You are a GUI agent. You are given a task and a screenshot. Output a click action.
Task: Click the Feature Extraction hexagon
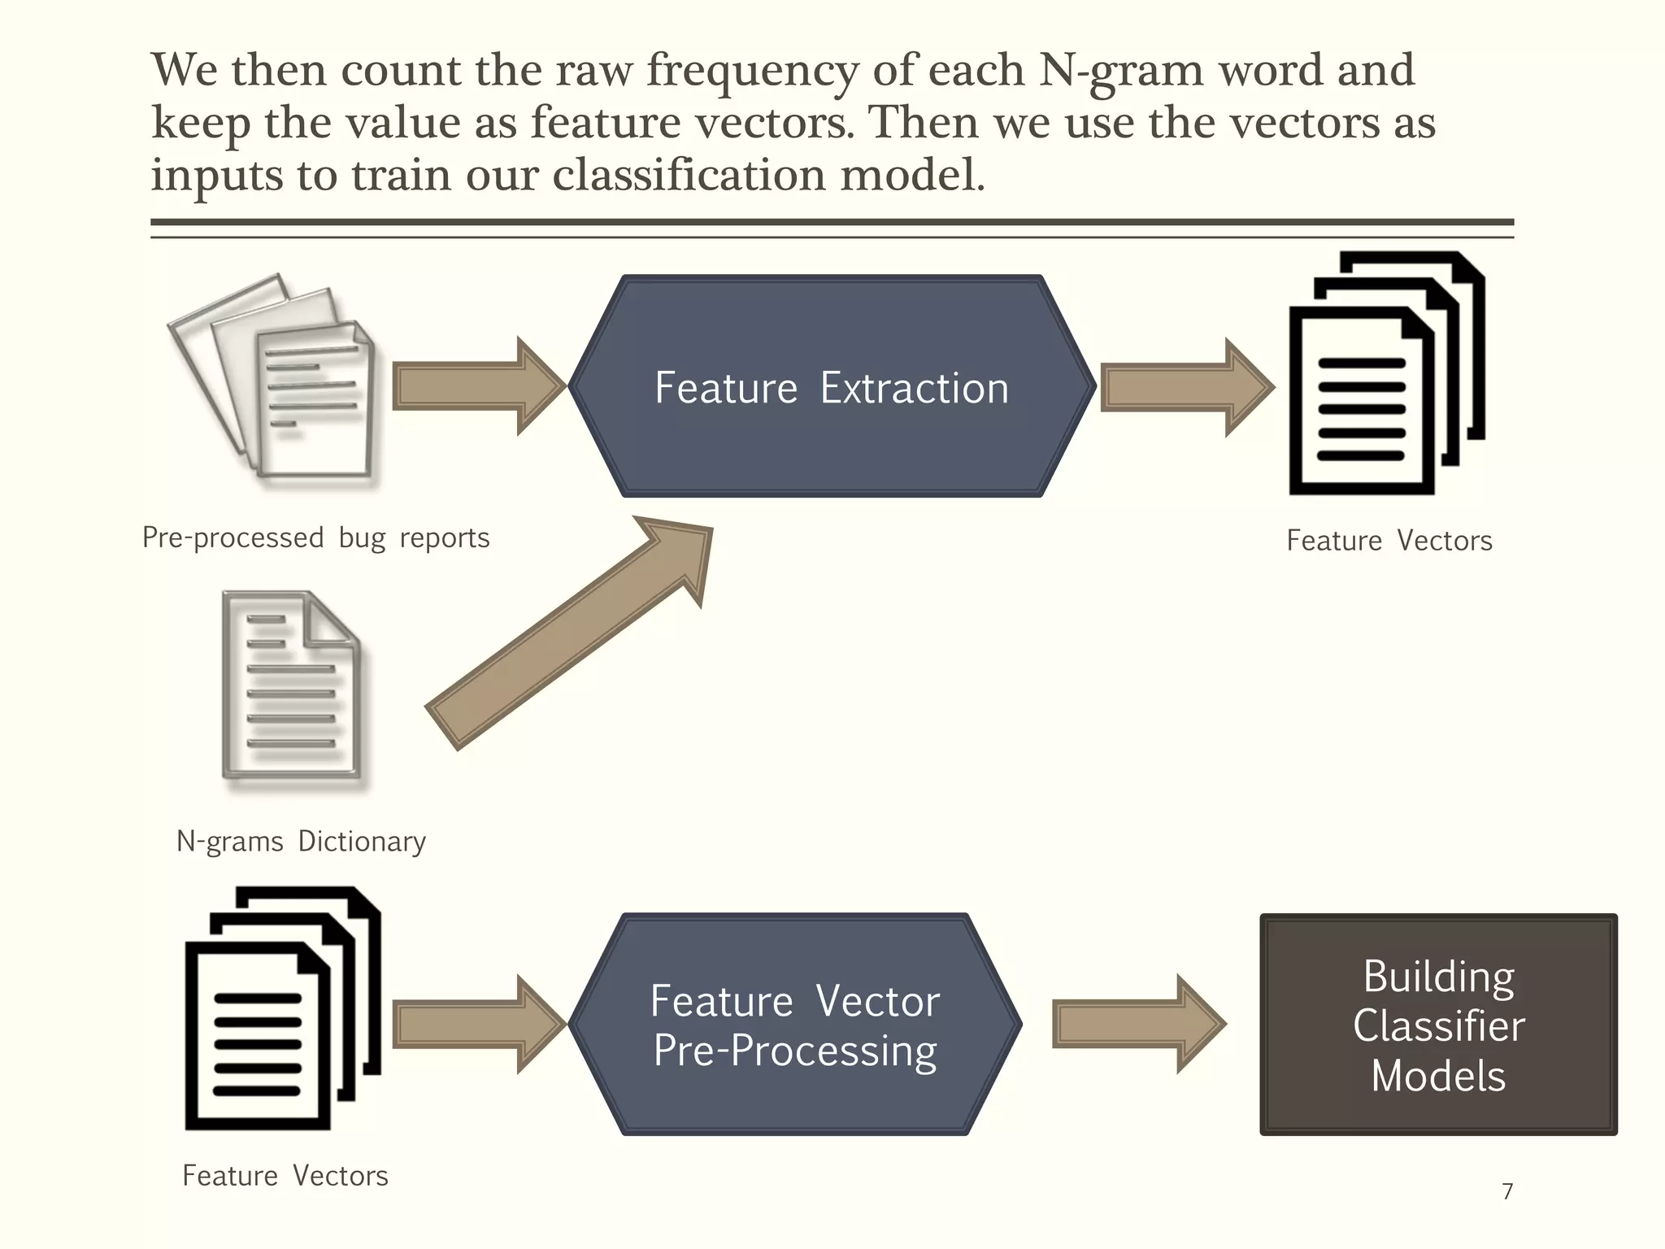pos(832,386)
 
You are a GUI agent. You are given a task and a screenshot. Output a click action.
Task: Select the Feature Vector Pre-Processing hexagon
pos(794,1024)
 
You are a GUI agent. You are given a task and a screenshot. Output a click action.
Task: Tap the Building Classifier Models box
pos(1438,1025)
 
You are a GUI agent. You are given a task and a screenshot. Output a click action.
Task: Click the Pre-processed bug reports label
pos(315,538)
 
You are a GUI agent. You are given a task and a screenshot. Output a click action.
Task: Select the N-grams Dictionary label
pos(301,842)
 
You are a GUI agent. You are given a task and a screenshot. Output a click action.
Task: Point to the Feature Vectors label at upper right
pos(1389,541)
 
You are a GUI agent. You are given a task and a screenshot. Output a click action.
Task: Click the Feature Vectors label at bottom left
pos(285,1176)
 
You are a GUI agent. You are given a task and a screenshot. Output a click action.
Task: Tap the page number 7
pos(1507,1191)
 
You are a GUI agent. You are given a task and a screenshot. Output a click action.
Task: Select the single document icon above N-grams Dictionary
pos(291,685)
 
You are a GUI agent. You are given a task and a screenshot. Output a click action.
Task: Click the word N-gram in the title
pos(1120,71)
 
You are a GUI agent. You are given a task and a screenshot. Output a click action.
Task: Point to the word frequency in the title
pos(752,71)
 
